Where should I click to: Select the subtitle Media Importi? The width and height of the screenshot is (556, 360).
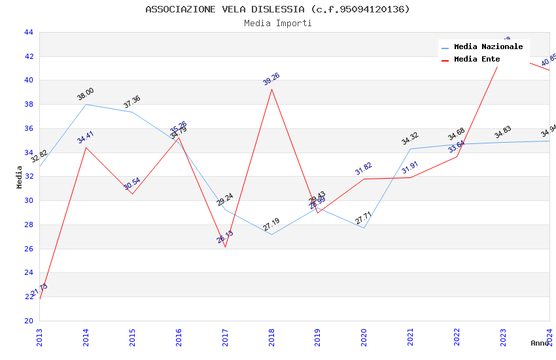point(277,23)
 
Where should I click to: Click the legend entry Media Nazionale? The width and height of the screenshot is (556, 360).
point(488,47)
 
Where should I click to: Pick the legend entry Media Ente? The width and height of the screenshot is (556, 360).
point(477,60)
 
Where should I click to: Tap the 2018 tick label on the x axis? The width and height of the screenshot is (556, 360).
point(271,338)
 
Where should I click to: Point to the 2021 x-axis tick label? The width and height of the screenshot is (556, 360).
point(411,338)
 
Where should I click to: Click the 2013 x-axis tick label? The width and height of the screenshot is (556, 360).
point(40,338)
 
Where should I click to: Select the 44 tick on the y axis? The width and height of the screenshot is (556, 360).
point(28,32)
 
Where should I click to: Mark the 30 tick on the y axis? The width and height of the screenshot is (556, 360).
point(28,201)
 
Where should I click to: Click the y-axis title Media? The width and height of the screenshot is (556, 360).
point(20,177)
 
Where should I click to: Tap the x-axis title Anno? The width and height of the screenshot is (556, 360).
point(540,343)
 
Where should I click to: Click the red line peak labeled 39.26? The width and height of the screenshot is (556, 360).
point(271,89)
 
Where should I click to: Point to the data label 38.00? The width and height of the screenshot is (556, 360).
point(86,94)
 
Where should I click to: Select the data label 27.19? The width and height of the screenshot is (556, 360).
point(271,225)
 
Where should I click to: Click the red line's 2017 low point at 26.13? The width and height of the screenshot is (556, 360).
point(225,247)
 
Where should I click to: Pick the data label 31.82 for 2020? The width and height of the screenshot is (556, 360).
point(364,168)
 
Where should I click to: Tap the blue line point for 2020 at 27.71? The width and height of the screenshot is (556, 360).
point(364,228)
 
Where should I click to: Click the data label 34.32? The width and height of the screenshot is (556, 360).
point(410,139)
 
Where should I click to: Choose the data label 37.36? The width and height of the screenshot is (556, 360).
point(132,102)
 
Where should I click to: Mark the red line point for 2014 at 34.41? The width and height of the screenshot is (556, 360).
point(86,147)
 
